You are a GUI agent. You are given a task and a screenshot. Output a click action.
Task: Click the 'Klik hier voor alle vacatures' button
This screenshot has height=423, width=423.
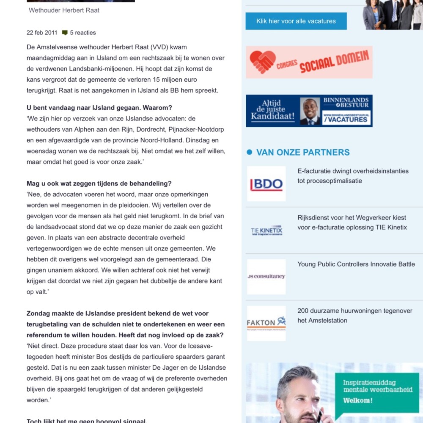296,21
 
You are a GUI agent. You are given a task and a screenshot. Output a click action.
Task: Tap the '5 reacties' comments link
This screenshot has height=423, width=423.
82,33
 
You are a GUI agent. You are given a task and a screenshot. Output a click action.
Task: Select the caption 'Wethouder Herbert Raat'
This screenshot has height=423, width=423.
64,10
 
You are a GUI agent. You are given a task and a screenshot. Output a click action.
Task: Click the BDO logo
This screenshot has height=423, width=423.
266,184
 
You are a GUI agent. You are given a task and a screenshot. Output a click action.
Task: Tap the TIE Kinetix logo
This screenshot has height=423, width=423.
266,231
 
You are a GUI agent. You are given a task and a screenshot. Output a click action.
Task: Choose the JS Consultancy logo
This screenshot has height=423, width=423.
266,277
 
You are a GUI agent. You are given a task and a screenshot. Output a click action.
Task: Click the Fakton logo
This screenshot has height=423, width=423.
266,323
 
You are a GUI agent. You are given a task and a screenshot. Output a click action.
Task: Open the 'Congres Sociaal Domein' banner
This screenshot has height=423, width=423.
309,62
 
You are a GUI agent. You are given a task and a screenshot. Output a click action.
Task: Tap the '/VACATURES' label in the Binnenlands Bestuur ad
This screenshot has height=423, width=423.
346,119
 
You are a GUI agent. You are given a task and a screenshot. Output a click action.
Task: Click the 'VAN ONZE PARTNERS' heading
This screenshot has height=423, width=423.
303,152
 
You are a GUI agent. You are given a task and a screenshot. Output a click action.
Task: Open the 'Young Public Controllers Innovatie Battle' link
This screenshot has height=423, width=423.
356,264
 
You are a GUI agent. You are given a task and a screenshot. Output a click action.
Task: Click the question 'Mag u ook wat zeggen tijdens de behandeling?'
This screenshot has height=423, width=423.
99,184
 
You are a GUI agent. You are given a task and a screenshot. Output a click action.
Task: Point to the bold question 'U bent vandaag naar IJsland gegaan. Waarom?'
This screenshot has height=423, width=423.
99,107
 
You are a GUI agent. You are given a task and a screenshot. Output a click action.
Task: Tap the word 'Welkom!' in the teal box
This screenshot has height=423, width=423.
358,400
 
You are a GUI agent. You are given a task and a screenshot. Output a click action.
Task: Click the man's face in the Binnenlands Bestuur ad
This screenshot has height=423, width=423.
310,109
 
